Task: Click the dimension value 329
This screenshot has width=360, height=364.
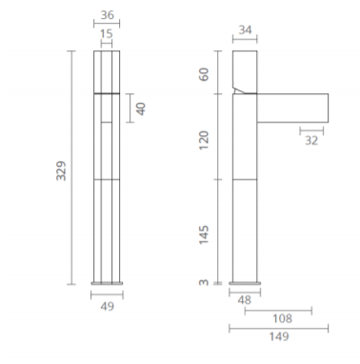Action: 61,171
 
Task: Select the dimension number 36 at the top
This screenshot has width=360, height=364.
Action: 108,15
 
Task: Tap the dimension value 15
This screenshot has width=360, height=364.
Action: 107,33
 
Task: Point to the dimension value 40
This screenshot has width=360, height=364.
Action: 141,109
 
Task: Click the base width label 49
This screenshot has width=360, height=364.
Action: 108,306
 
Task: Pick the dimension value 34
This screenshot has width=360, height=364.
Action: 245,30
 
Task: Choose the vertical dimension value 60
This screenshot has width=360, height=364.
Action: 204,74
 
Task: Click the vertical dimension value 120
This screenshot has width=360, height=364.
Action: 204,140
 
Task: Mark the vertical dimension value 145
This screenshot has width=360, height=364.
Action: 204,234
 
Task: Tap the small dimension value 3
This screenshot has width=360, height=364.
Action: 204,282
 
